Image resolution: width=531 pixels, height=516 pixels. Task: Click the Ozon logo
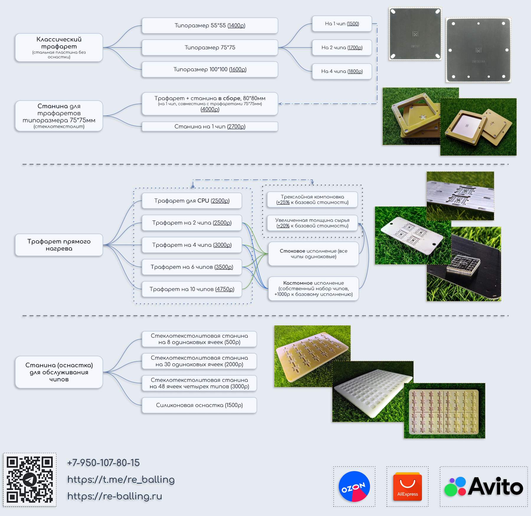pyautogui.click(x=354, y=486)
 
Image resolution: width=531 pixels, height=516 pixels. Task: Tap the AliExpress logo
pyautogui.click(x=407, y=486)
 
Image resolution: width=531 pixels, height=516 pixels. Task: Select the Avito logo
pyautogui.click(x=484, y=486)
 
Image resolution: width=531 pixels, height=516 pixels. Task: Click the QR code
pyautogui.click(x=30, y=479)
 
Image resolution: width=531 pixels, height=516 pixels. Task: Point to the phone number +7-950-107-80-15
pyautogui.click(x=103, y=463)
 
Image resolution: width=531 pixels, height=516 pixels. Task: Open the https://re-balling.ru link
pyautogui.click(x=115, y=496)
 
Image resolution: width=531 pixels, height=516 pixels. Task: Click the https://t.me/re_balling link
pyautogui.click(x=121, y=479)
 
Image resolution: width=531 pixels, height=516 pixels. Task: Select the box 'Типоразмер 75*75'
pyautogui.click(x=210, y=48)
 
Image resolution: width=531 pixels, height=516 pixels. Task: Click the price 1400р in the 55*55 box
pyautogui.click(x=236, y=26)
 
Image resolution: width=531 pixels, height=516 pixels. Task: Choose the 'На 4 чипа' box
pyautogui.click(x=342, y=71)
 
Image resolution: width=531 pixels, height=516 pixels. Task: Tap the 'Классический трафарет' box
pyautogui.click(x=59, y=47)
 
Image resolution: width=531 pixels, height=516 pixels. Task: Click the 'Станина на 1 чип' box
pyautogui.click(x=210, y=127)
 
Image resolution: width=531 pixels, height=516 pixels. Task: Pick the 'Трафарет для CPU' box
pyautogui.click(x=192, y=201)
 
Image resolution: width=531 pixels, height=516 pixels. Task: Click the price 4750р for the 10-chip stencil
pyautogui.click(x=225, y=289)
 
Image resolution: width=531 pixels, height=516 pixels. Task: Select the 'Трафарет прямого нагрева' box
pyautogui.click(x=59, y=245)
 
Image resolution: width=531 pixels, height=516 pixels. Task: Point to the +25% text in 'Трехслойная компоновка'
pyautogui.click(x=283, y=203)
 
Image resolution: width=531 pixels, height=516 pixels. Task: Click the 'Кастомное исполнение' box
pyautogui.click(x=313, y=288)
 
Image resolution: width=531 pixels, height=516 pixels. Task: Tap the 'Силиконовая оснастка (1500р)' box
pyautogui.click(x=199, y=405)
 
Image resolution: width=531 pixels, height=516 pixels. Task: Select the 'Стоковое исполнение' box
pyautogui.click(x=313, y=254)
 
